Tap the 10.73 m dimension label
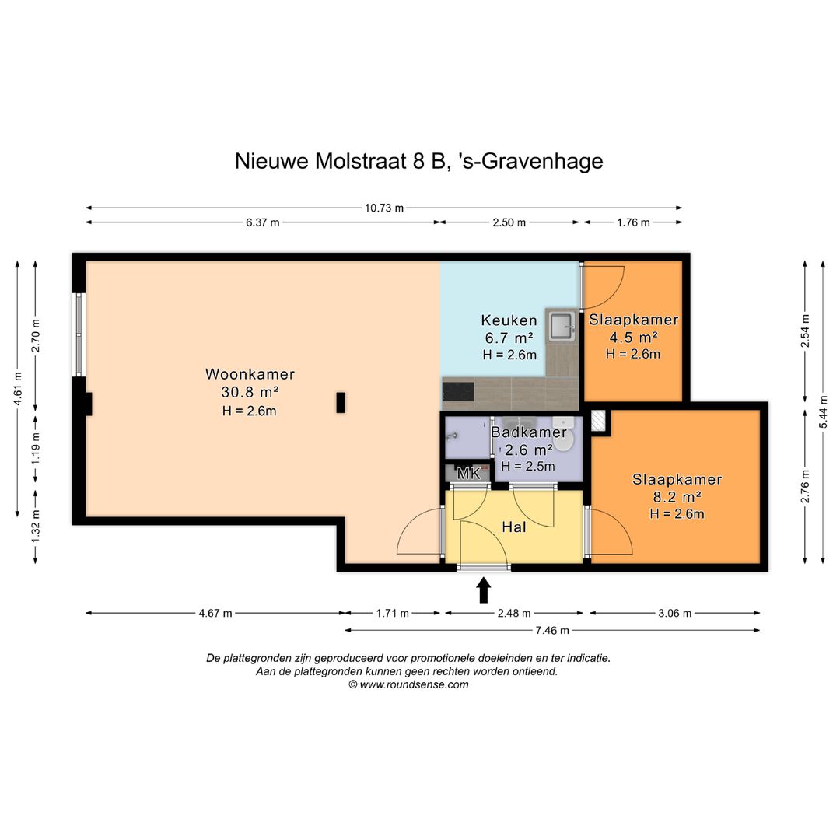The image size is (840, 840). click(x=384, y=208)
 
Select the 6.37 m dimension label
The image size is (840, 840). click(x=263, y=222)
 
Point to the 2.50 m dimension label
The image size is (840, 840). click(x=509, y=222)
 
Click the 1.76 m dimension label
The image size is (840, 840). click(x=633, y=222)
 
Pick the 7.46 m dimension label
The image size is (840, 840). click(x=552, y=631)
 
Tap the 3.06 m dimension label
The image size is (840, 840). click(x=674, y=614)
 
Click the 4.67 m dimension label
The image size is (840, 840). click(x=215, y=614)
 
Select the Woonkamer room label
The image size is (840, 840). click(x=250, y=374)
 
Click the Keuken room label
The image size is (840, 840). click(x=509, y=320)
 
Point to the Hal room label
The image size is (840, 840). click(x=514, y=527)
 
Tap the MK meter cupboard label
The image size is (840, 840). click(x=468, y=474)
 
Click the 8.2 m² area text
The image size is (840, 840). click(x=677, y=496)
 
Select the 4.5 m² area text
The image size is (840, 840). click(x=633, y=337)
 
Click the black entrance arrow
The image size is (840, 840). click(x=484, y=590)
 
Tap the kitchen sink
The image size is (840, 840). click(x=562, y=326)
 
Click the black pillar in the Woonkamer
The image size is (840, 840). click(x=341, y=403)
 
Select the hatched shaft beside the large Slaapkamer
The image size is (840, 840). click(x=598, y=421)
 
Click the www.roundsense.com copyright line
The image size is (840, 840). click(x=409, y=684)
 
